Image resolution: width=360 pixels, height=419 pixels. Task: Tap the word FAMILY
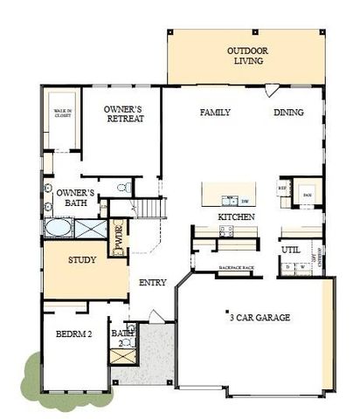pyautogui.click(x=214, y=113)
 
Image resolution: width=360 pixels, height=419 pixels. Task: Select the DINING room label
pyautogui.click(x=288, y=113)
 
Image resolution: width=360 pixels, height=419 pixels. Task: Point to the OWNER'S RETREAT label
pyautogui.click(x=124, y=114)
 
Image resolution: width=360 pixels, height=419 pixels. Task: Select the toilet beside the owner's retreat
pyautogui.click(x=128, y=187)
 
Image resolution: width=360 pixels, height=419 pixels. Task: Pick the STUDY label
pyautogui.click(x=82, y=259)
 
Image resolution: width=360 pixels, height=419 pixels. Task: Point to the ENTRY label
pyautogui.click(x=152, y=282)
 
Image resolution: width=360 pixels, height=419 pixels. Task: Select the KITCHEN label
pyautogui.click(x=236, y=216)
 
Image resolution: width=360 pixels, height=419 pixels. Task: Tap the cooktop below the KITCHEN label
pyautogui.click(x=226, y=230)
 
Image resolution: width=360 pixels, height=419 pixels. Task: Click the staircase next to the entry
pyautogui.click(x=149, y=208)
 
